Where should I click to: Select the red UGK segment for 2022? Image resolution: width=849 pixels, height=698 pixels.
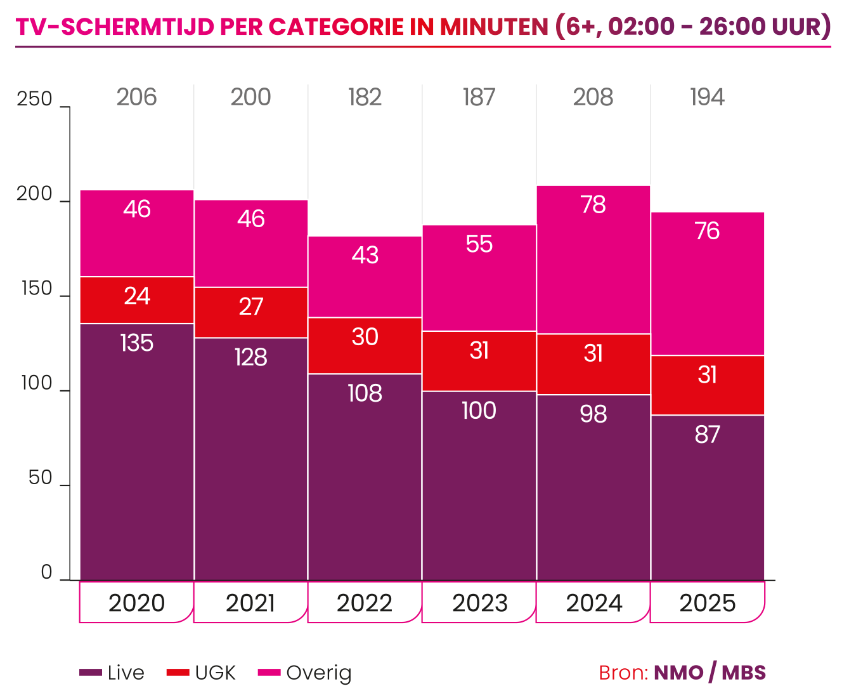(365, 346)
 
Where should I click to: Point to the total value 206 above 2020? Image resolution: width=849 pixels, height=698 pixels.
(136, 97)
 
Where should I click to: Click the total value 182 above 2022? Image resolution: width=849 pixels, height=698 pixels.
(365, 97)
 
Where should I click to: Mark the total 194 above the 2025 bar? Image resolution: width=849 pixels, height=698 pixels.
(707, 97)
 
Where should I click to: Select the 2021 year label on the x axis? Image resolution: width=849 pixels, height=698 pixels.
(250, 602)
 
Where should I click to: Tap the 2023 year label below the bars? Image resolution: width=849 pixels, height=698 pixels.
(479, 602)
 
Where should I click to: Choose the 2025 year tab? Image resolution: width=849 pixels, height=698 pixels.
(708, 602)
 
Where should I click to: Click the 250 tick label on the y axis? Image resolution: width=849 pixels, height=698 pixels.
(35, 100)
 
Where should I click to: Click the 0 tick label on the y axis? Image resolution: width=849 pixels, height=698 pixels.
(46, 572)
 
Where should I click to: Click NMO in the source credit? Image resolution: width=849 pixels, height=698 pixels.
(678, 673)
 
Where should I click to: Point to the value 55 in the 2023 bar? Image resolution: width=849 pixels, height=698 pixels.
(479, 244)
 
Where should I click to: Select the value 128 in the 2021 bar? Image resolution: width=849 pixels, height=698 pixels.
(250, 357)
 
